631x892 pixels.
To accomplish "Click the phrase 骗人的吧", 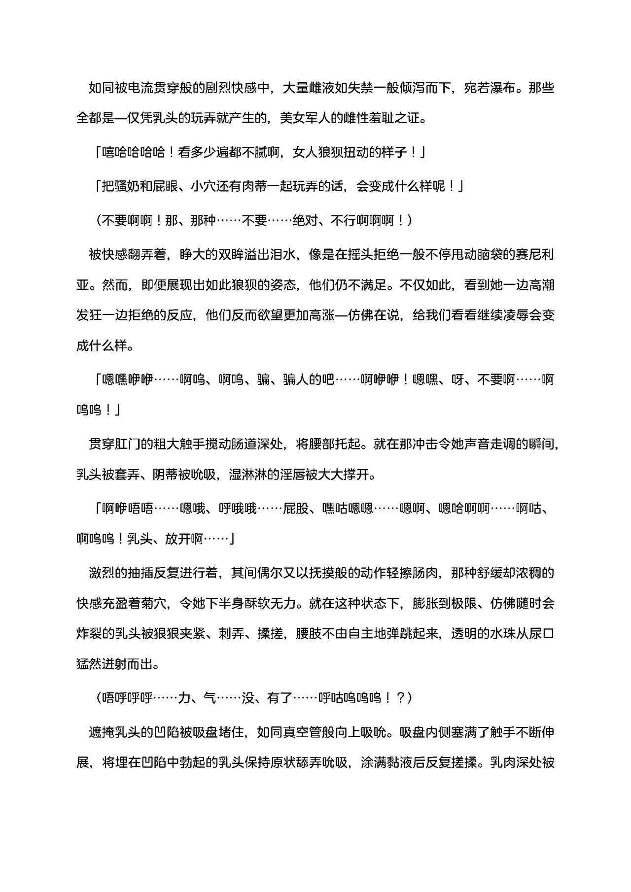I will click(x=309, y=379).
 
